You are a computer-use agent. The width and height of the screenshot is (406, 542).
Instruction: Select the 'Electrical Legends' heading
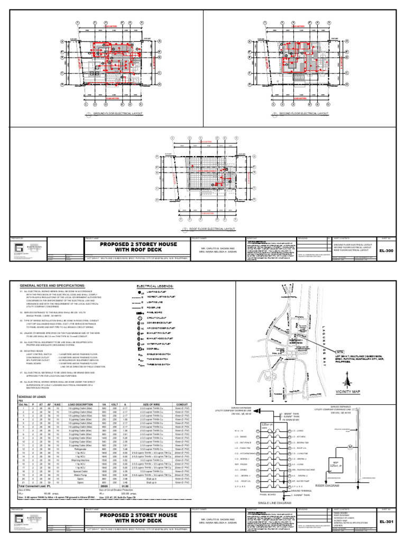tap(155, 285)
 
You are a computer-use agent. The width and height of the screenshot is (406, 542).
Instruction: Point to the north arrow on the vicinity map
tap(347, 381)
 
